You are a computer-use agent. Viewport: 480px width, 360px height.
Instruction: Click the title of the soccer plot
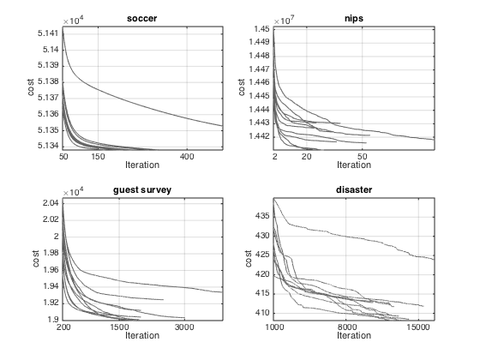click(x=142, y=19)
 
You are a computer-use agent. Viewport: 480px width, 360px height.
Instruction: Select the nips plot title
click(x=354, y=19)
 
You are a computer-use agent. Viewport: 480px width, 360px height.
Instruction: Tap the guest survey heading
click(x=142, y=190)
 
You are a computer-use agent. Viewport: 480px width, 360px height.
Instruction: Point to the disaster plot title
click(x=354, y=189)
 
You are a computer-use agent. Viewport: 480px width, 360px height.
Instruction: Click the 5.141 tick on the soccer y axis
click(x=48, y=33)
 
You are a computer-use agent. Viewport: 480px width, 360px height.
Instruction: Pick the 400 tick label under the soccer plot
click(x=187, y=157)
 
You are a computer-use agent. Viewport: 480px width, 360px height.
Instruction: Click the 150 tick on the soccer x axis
click(x=98, y=157)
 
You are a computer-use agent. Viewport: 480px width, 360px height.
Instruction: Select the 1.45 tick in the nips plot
click(x=261, y=29)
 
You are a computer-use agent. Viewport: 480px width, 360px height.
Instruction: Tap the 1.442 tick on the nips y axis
click(x=259, y=136)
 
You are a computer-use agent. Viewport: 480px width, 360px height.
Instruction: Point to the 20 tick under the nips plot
click(x=307, y=157)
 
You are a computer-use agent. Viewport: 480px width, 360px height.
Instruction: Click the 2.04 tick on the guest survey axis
click(x=51, y=203)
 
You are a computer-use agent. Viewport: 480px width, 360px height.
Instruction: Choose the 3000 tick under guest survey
click(x=184, y=327)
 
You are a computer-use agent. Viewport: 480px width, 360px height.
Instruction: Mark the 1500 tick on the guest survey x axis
click(x=119, y=327)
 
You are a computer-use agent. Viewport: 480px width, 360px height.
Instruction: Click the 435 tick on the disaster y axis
click(x=262, y=216)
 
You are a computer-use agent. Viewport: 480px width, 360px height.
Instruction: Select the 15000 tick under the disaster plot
click(x=418, y=327)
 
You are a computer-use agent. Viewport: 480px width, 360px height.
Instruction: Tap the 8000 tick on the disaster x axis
click(x=347, y=327)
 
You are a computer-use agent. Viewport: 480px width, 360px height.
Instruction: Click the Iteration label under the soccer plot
click(x=142, y=165)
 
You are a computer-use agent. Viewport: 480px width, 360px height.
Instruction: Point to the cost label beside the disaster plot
click(x=248, y=259)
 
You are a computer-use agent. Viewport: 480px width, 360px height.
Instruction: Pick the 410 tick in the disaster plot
click(x=262, y=313)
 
